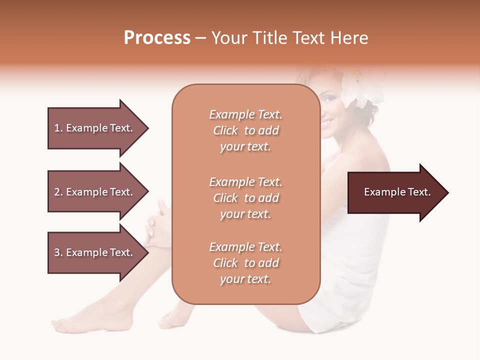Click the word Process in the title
[x=157, y=38]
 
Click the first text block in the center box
[x=245, y=130]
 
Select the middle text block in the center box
[x=245, y=198]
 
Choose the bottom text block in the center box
[x=245, y=263]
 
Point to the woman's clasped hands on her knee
[x=159, y=220]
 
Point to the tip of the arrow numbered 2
[x=147, y=192]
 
